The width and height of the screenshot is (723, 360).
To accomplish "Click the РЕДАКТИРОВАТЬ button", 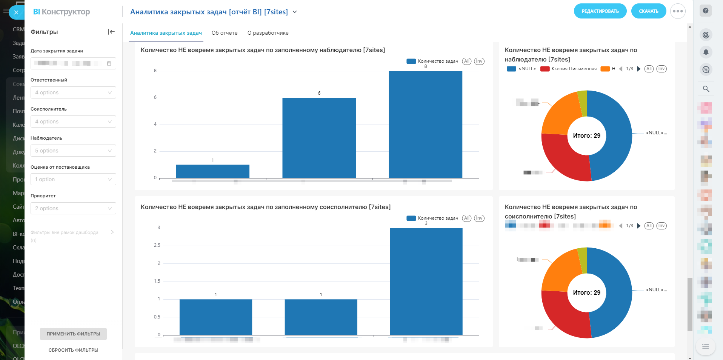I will (600, 11).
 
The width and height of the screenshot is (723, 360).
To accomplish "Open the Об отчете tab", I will (225, 33).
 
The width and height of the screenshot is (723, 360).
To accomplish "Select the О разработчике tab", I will (268, 33).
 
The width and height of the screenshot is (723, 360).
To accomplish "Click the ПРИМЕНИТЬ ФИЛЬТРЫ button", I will (73, 334).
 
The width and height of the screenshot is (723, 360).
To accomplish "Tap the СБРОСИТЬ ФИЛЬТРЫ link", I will (73, 350).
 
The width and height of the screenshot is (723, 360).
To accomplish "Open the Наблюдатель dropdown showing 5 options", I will (73, 151).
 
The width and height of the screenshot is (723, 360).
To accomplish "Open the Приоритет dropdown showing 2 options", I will (73, 208).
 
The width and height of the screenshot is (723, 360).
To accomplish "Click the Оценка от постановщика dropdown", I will (73, 179).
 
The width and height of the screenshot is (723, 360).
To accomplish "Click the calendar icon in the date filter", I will (109, 63).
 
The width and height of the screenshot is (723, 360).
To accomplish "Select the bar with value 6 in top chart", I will (319, 138).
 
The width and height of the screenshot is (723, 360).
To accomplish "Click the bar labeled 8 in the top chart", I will (425, 125).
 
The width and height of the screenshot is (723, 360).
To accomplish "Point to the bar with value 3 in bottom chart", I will (426, 281).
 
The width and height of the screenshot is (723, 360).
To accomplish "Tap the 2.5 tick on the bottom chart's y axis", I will (157, 245).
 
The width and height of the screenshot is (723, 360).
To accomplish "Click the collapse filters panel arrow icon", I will (111, 32).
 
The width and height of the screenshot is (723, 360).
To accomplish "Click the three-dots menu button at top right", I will (678, 11).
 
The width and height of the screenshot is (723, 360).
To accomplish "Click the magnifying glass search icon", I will (706, 89).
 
